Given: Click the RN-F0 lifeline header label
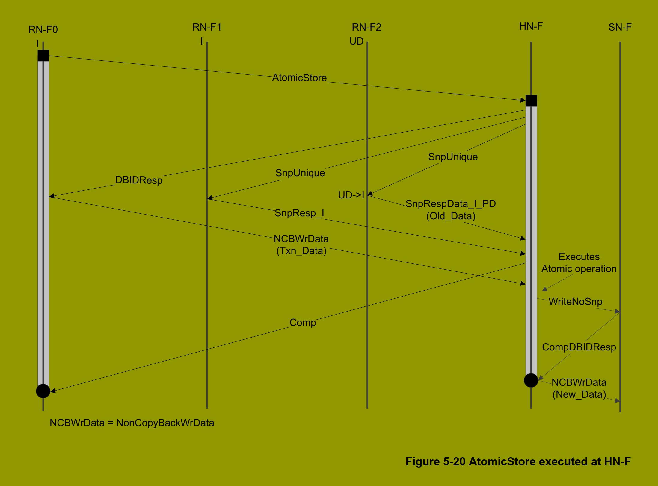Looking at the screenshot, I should pos(43,30).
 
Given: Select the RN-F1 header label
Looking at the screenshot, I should pos(207,27).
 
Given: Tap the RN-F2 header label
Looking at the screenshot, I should pos(366,27).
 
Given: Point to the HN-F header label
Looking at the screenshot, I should pos(531,26).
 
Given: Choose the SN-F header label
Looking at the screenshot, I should pos(620,27).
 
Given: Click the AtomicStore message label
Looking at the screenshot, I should pos(299,78).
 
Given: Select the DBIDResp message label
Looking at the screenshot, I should pos(139,180).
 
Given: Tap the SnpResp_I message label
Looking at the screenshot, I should pos(299,213).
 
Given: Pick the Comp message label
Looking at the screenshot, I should pos(303,323).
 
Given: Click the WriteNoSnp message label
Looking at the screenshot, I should pos(575,302).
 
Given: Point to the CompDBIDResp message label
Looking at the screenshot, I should pos(579,347).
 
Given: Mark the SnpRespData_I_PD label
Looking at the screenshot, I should pos(451,204).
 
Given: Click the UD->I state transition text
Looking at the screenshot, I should pos(351,195).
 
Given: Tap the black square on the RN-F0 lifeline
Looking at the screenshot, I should pos(43,56).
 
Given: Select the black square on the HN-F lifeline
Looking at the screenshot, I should pos(531,101).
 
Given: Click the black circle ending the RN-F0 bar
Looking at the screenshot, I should pos(43,391).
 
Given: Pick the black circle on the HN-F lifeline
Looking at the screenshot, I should pos(531,380).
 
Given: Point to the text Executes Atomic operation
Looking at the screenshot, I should pos(579,263).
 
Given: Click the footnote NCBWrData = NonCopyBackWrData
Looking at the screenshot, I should pos(132,423).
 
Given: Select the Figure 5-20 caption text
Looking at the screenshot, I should pos(518,461).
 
